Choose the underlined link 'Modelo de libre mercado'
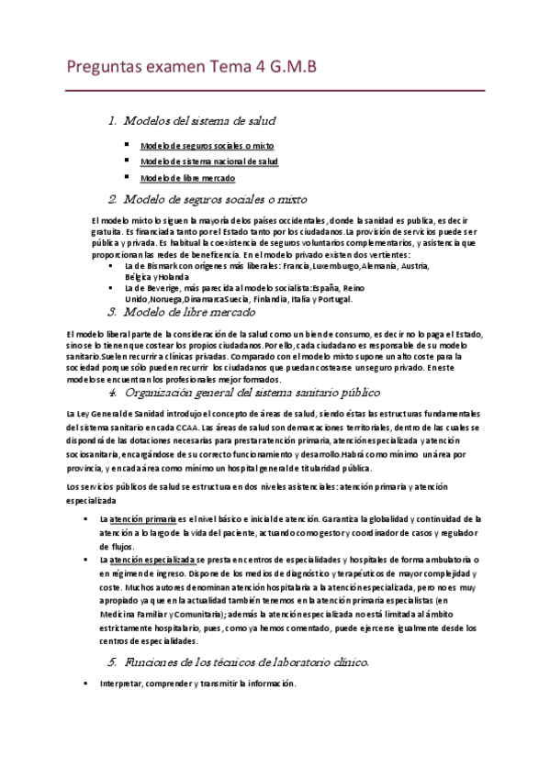(x=187, y=178)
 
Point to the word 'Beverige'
(x=170, y=288)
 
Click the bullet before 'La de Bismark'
(x=111, y=265)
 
